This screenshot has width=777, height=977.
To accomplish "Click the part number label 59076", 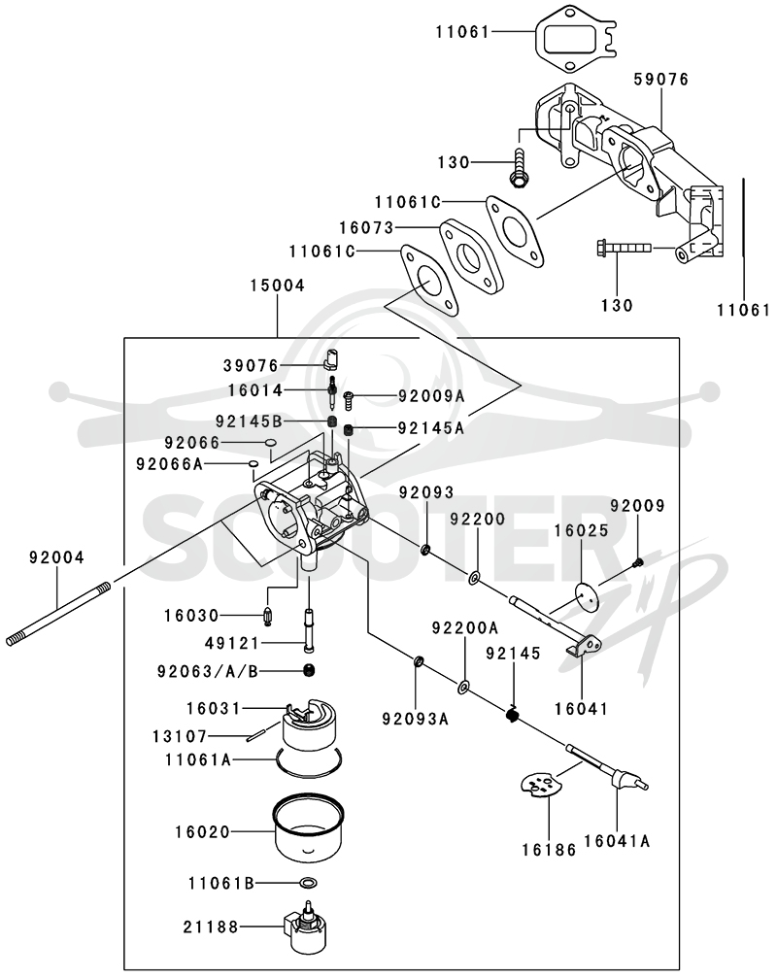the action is pos(661,80).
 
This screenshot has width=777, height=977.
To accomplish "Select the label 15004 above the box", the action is pos(278,286).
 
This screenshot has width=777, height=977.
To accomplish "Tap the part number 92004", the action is pos(56,557).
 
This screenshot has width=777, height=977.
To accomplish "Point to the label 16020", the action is pos(203,832).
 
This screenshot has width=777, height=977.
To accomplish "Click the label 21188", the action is pos(211,927).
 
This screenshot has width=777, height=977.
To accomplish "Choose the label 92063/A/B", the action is pos(208,672).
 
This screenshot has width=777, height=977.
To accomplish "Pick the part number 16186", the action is pos(549,849).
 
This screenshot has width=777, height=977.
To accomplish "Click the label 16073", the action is pos(367,228).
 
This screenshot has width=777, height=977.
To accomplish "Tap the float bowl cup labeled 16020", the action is pos(309,828).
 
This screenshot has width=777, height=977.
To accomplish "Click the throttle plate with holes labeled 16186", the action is pos(537,785).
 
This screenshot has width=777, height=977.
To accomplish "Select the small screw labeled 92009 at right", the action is pos(637,562).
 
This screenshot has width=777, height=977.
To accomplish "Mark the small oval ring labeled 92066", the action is pos(270,443).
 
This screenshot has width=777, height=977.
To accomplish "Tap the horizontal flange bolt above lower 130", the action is pos(624,248).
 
